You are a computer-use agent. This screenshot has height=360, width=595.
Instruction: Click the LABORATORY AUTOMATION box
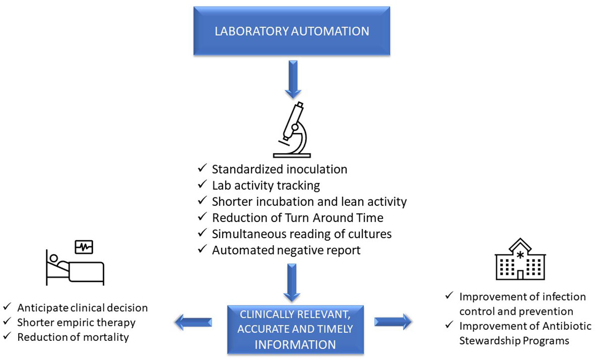point(292,31)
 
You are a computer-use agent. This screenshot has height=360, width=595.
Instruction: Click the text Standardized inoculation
point(279,169)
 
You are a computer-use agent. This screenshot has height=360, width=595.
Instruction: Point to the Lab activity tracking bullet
point(266,185)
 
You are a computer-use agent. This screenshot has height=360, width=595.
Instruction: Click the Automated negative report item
point(286,250)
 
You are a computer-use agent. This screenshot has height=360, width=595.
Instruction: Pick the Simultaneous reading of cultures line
point(301,234)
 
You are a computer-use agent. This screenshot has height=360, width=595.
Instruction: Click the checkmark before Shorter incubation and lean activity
point(201,201)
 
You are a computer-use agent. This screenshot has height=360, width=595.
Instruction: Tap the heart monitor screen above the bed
point(84,247)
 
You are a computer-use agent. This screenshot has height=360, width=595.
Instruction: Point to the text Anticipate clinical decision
point(82,308)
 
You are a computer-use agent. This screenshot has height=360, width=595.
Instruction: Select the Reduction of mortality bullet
point(73,337)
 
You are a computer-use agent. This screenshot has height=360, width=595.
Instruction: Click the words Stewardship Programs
point(514,340)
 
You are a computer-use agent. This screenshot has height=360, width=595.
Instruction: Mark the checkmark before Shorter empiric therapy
point(7,322)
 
